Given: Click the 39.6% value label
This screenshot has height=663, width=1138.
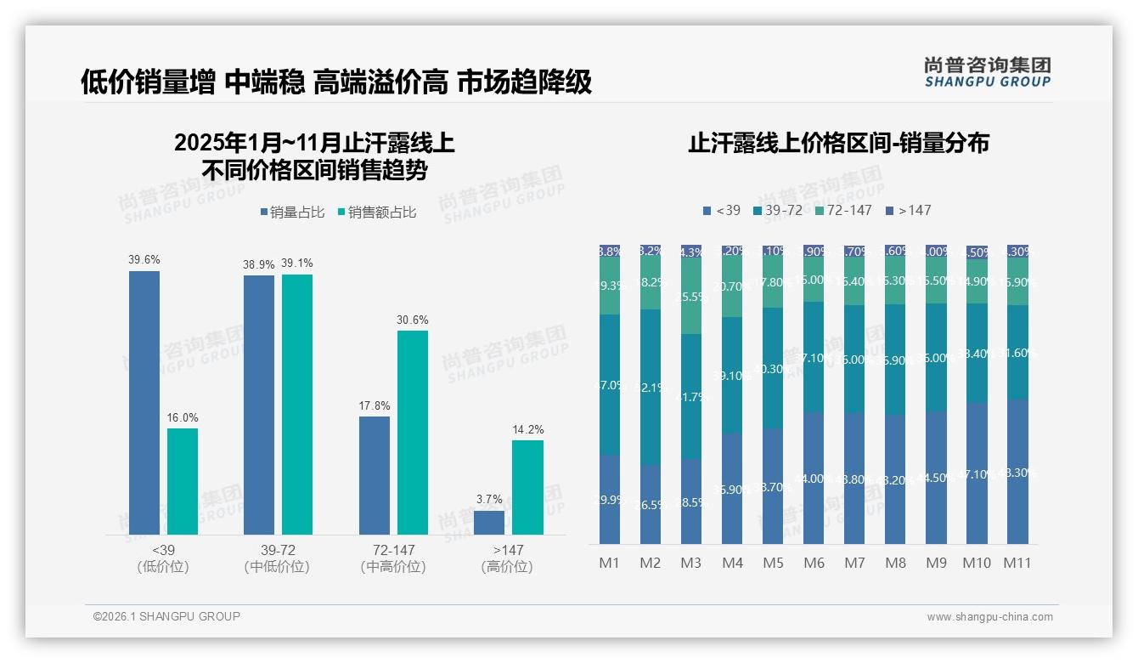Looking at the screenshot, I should [x=144, y=260].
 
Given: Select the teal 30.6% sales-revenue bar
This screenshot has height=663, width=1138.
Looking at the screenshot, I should [x=413, y=432].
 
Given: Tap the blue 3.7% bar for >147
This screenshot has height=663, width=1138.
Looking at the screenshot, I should [x=489, y=522].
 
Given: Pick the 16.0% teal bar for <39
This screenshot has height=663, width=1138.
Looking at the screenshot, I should [x=183, y=480].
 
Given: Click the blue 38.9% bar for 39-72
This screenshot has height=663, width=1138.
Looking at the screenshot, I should [x=259, y=404].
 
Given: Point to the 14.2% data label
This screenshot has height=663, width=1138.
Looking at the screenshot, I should [x=528, y=429].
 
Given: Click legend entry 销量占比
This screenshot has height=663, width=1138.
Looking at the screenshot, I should [x=293, y=212].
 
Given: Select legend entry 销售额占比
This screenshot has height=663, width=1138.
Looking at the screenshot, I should [x=377, y=212].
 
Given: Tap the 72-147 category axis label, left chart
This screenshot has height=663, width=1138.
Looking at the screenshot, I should [x=393, y=558].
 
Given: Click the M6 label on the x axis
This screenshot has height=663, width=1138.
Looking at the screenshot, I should [x=814, y=563].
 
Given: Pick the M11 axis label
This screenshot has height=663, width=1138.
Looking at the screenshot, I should [x=1017, y=563].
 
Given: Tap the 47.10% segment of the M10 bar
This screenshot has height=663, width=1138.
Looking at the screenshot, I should [x=977, y=473].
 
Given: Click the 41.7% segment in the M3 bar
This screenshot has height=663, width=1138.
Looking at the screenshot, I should [x=691, y=396].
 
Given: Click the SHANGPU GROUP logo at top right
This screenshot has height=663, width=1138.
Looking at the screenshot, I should [x=988, y=72].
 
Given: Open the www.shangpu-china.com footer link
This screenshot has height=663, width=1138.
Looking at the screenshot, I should [x=989, y=616].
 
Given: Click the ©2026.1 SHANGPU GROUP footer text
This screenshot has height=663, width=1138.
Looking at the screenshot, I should [x=166, y=616].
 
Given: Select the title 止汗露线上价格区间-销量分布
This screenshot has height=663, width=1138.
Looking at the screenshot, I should [x=838, y=144].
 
